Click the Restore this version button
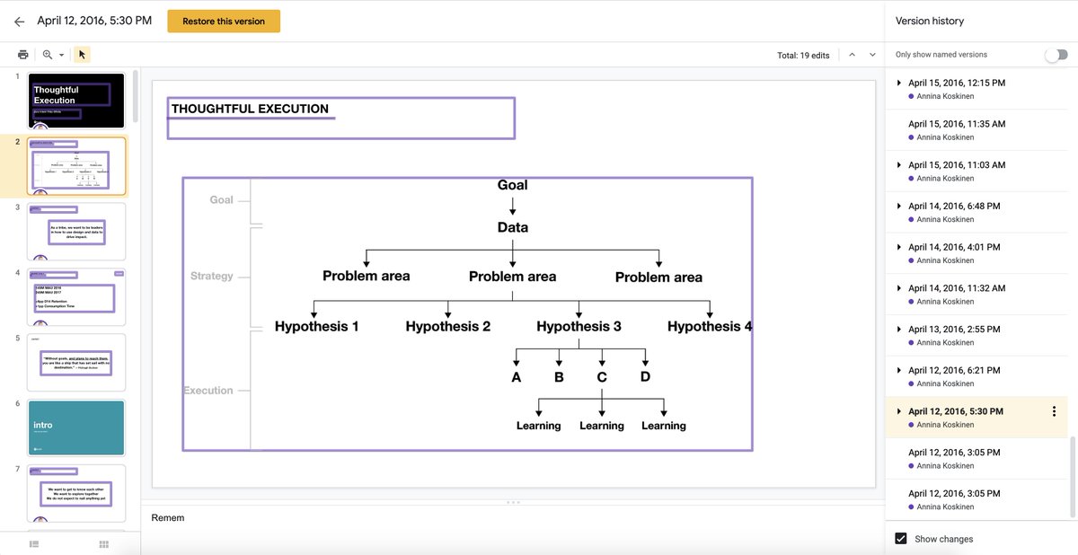click(x=224, y=22)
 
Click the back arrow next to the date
click(x=19, y=22)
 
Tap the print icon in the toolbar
click(x=23, y=55)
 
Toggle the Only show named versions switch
click(x=1056, y=55)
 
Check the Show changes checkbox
click(x=901, y=539)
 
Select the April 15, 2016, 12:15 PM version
click(x=956, y=83)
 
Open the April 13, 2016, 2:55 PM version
click(x=953, y=330)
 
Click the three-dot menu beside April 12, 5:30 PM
click(x=1054, y=411)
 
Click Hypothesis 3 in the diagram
click(x=579, y=327)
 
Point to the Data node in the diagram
click(x=513, y=228)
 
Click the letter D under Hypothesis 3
click(x=645, y=377)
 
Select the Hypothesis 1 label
click(x=316, y=327)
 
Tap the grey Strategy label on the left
click(x=211, y=277)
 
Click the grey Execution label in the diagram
click(x=208, y=391)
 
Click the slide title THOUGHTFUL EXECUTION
click(x=250, y=109)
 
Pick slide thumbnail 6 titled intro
click(x=76, y=427)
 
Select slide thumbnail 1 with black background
click(x=76, y=101)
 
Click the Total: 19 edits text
click(x=803, y=56)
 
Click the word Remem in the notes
click(x=167, y=518)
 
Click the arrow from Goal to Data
click(x=513, y=207)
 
